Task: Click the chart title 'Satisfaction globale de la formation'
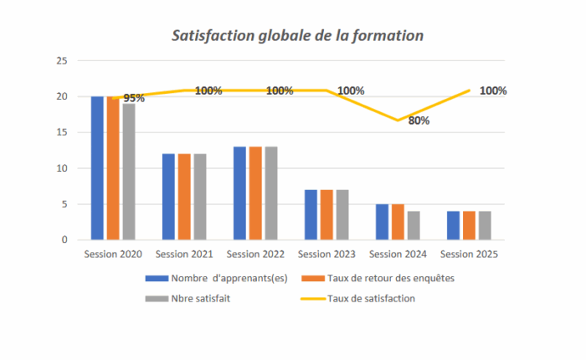[x=297, y=36]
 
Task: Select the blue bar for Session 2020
[x=97, y=167]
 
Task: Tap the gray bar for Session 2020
[x=128, y=172]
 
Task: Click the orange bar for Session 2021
[x=184, y=197]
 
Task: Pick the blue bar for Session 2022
[x=239, y=193]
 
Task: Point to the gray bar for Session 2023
[x=342, y=214]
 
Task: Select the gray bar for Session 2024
[x=413, y=225]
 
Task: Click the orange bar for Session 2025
[x=469, y=225]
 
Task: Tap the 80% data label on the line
[x=419, y=121]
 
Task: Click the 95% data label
[x=134, y=98]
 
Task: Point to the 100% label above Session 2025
[x=493, y=90]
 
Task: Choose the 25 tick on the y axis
[x=61, y=61]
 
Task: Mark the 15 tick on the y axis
[x=61, y=132]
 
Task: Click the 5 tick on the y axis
[x=64, y=204]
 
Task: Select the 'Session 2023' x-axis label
[x=326, y=254]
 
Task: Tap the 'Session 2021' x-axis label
[x=184, y=254]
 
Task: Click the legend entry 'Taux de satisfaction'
[x=370, y=297]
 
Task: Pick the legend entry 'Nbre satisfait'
[x=202, y=297]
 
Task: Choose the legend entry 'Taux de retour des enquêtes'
[x=390, y=278]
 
